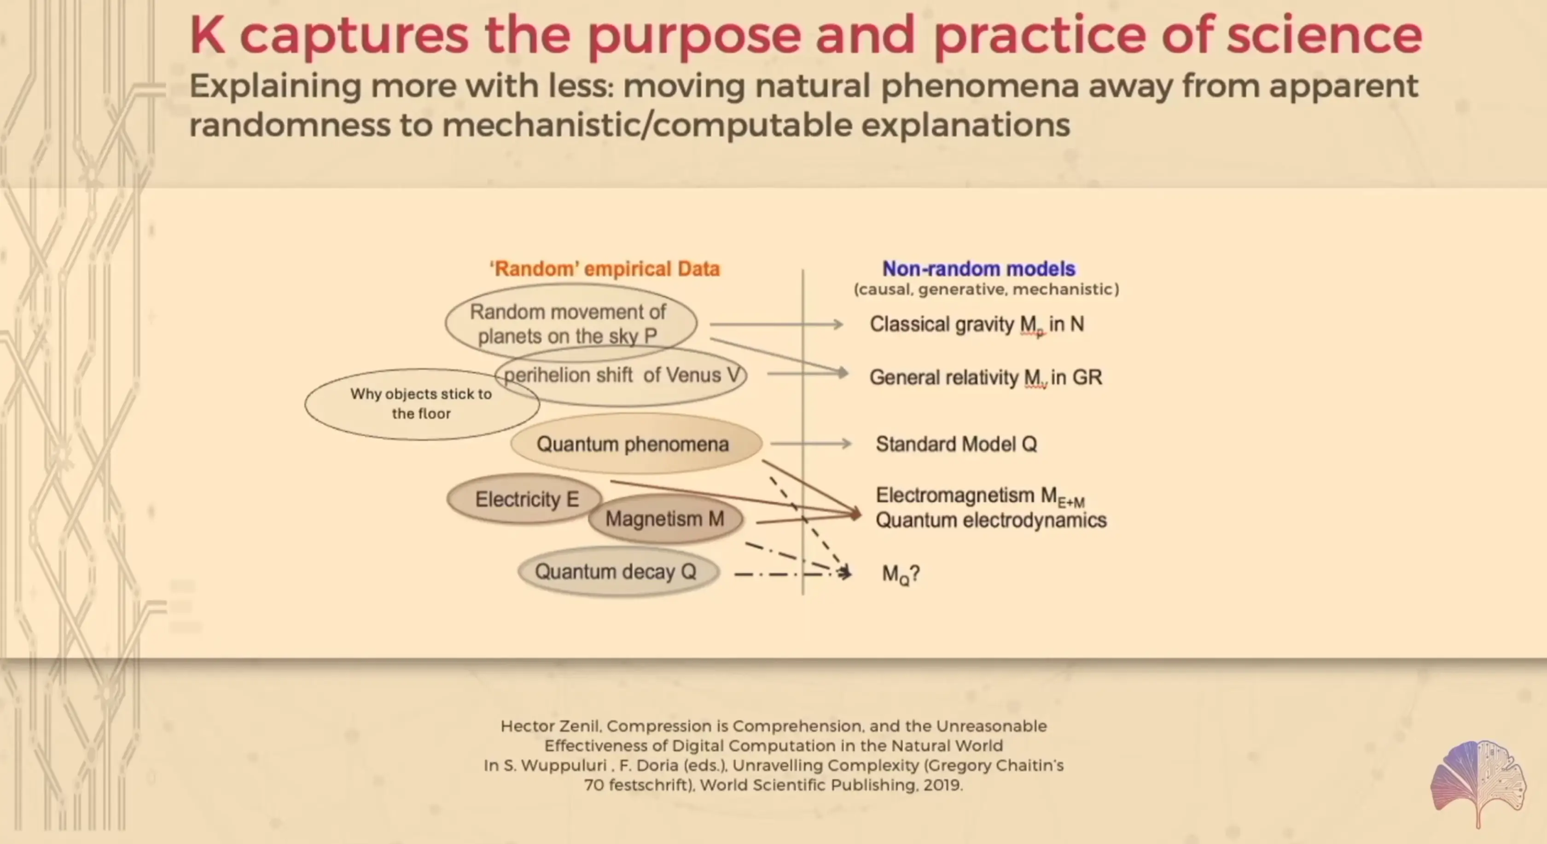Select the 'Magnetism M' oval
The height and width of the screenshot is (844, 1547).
pyautogui.click(x=665, y=519)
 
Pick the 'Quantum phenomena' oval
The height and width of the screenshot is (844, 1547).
pyautogui.click(x=636, y=444)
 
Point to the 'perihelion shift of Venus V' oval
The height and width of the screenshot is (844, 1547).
pyautogui.click(x=620, y=375)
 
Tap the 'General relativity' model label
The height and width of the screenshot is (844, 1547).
pyautogui.click(x=985, y=377)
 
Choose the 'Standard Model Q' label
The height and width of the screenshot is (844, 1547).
pyautogui.click(x=956, y=444)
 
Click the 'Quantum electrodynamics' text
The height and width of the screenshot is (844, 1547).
pyautogui.click(x=991, y=520)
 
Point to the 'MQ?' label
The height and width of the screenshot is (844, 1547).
pyautogui.click(x=900, y=574)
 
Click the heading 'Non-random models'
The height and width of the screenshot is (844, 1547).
pyautogui.click(x=979, y=268)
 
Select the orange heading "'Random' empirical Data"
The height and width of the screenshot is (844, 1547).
pyautogui.click(x=605, y=268)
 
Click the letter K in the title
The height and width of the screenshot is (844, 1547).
pyautogui.click(x=208, y=35)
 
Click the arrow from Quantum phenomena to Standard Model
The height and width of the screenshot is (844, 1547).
pyautogui.click(x=811, y=444)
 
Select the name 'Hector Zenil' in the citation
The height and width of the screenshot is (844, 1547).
pyautogui.click(x=549, y=726)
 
